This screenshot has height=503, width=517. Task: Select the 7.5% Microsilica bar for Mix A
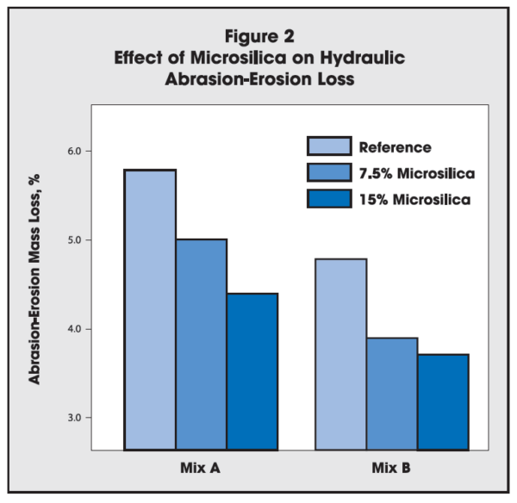(x=202, y=345)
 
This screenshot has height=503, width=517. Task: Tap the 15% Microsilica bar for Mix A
(x=252, y=371)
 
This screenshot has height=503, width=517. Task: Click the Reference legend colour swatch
(x=328, y=146)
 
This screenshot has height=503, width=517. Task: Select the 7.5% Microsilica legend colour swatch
(x=328, y=173)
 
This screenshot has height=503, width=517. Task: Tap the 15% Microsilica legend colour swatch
(x=328, y=199)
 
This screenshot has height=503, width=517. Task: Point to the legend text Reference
(x=395, y=147)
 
